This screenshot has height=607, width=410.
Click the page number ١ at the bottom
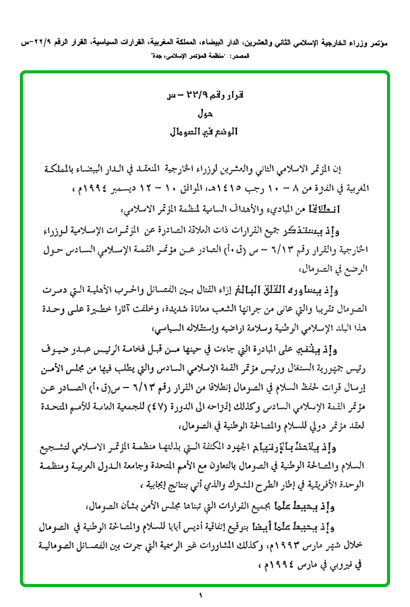(x=202, y=598)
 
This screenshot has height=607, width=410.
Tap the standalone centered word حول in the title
(x=205, y=114)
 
